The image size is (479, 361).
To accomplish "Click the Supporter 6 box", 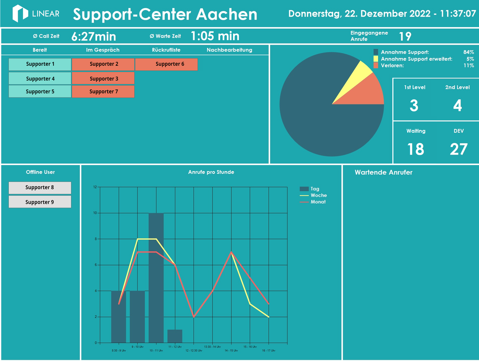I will click(x=166, y=64).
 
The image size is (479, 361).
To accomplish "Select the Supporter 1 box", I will click(x=40, y=64).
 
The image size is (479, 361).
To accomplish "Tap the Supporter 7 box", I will click(x=103, y=92).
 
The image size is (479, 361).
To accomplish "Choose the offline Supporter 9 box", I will click(x=40, y=202).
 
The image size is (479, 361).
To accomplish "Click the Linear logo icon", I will click(x=20, y=13).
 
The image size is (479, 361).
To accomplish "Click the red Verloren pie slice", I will click(x=370, y=92).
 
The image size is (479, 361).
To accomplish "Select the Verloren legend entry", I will click(x=392, y=66).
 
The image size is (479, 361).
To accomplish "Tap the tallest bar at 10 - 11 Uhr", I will click(x=156, y=278).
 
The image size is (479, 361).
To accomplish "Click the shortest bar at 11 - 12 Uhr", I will click(x=175, y=336).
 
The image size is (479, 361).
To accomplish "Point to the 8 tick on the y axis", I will click(x=95, y=239).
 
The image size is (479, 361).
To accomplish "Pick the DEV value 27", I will click(x=458, y=149).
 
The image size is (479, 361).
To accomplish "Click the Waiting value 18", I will click(x=415, y=149).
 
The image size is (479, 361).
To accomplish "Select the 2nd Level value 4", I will click(x=457, y=105).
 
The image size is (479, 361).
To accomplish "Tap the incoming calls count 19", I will click(x=405, y=36).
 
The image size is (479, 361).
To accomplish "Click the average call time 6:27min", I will click(x=94, y=36).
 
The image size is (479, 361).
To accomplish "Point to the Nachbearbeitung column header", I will click(x=229, y=50).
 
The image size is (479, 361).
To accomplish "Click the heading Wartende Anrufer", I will click(x=383, y=173).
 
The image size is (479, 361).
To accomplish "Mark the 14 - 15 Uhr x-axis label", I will click(x=231, y=351).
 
